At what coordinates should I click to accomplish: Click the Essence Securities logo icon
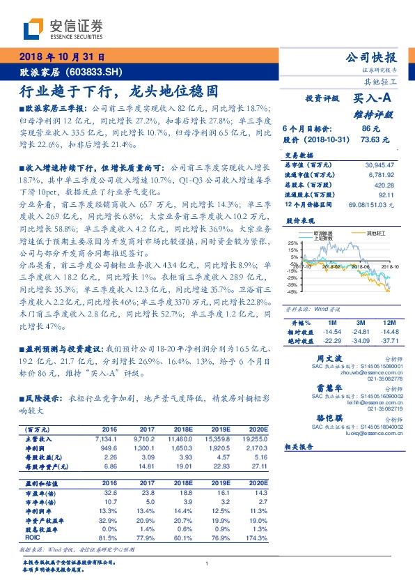point(34,29)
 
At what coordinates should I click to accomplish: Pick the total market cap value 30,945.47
point(379,164)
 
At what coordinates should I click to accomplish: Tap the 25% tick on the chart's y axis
point(294,262)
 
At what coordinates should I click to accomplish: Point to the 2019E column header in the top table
point(219,429)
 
